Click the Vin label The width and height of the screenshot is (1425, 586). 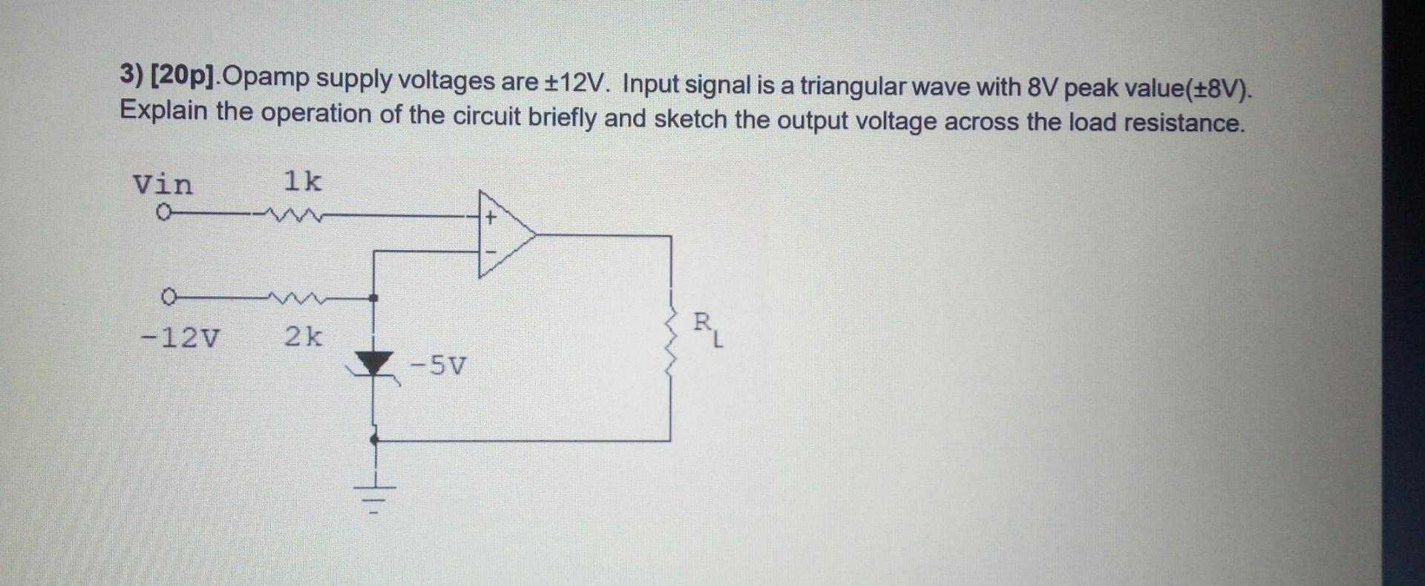[163, 184]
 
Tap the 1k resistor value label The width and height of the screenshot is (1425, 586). [303, 181]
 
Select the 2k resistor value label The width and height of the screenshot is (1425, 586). [304, 338]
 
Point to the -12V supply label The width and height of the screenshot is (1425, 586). [180, 338]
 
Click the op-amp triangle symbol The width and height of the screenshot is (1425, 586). [505, 234]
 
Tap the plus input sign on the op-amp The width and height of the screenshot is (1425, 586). [490, 218]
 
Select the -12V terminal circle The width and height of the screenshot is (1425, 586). [168, 297]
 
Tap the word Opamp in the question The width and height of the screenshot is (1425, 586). [264, 78]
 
